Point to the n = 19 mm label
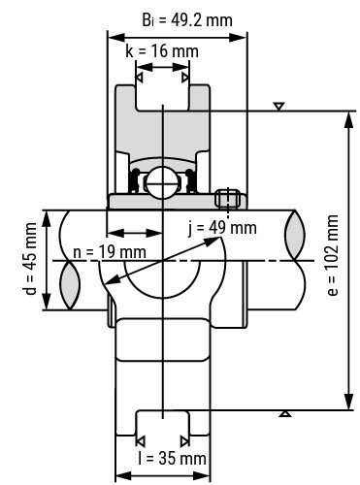tap(110, 252)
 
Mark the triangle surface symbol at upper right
tap(279, 105)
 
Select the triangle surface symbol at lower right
tap(284, 415)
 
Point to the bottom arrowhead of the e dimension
tap(347, 404)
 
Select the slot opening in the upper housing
tap(161, 97)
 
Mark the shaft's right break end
tap(294, 260)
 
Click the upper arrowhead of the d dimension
tap(46, 213)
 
